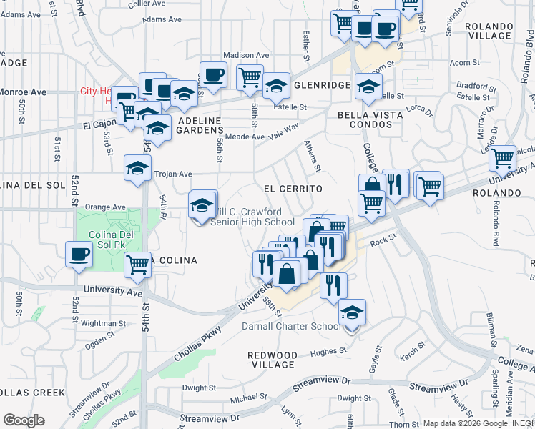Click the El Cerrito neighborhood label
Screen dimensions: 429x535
pyautogui.click(x=293, y=188)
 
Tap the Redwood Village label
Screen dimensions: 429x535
pyautogui.click(x=272, y=360)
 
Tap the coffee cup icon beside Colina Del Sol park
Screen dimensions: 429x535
pyautogui.click(x=79, y=254)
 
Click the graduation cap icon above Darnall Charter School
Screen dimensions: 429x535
pyautogui.click(x=352, y=312)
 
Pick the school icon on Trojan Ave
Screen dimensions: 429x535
pyautogui.click(x=137, y=168)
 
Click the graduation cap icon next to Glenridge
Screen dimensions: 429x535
pyautogui.click(x=276, y=86)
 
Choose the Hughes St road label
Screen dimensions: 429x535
pyautogui.click(x=328, y=351)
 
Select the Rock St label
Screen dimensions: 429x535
pyautogui.click(x=383, y=242)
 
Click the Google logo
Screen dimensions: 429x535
pyautogui.click(x=24, y=420)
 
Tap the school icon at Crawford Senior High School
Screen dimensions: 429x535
pyautogui.click(x=202, y=204)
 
